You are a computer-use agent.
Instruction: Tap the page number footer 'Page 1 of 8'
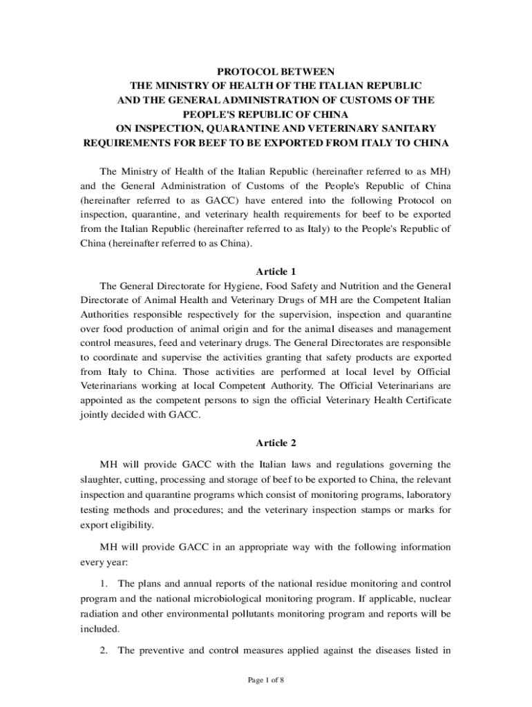266,680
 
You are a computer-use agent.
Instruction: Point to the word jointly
95,414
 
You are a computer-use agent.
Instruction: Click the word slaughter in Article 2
102,480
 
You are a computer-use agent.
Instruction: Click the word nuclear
435,599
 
